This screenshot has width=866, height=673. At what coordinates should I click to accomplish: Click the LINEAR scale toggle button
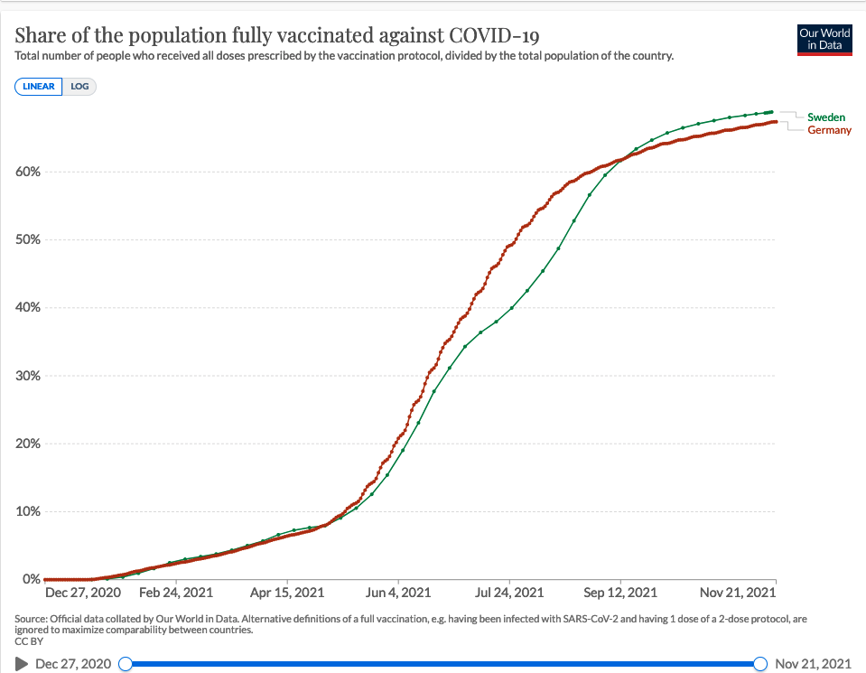point(38,87)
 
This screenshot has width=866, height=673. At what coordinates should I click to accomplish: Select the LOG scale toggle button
point(79,87)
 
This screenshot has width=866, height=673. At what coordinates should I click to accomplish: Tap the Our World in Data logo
point(824,38)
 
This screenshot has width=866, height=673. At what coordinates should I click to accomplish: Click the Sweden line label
point(826,117)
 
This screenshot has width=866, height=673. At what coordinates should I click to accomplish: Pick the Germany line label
point(829,130)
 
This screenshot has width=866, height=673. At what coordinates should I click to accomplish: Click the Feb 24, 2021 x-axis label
point(176,594)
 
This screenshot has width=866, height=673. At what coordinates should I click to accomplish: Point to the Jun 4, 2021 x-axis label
point(398,594)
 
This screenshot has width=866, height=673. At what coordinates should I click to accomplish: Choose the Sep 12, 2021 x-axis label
point(620,594)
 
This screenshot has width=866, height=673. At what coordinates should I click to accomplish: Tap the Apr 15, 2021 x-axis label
point(287,594)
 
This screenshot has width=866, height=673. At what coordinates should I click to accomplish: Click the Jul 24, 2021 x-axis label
point(509,594)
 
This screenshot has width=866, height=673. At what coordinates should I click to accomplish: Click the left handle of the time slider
point(126,664)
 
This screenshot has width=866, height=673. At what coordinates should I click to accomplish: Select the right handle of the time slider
point(760,664)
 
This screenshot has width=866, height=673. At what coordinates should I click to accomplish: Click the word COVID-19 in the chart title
point(491,36)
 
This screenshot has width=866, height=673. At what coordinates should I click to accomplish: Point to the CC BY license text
point(28,640)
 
